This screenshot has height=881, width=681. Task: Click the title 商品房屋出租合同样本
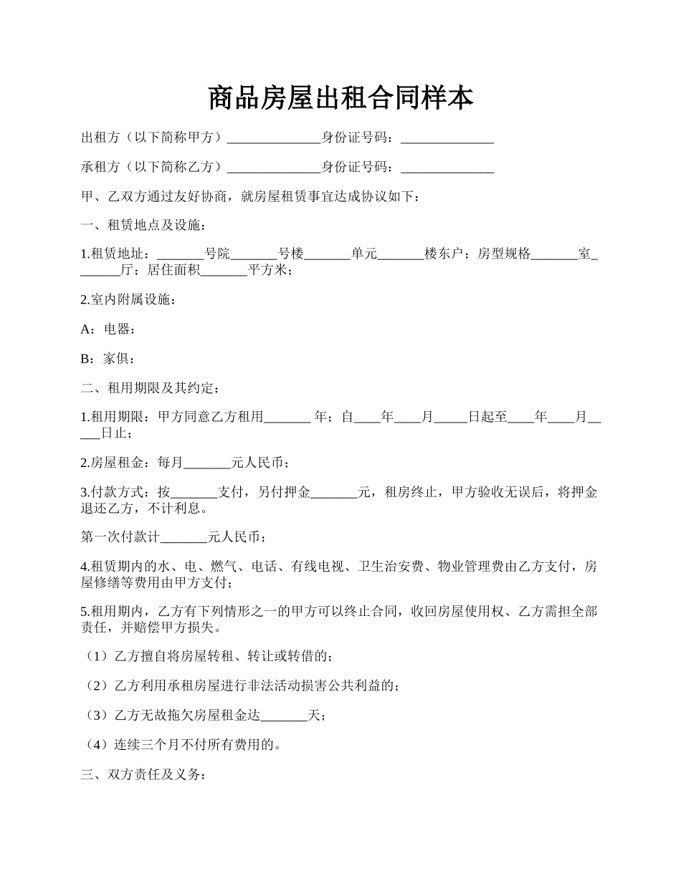[340, 98]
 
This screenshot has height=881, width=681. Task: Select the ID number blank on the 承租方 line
[447, 168]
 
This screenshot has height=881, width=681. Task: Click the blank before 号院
[180, 254]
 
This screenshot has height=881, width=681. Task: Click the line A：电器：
[108, 329]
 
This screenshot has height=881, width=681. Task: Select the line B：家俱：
[108, 358]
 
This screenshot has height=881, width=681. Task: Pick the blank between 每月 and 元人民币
[207, 463]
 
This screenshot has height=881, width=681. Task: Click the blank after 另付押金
[334, 493]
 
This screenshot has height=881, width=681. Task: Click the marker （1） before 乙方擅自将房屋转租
[97, 656]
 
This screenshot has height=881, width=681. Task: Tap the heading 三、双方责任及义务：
[143, 775]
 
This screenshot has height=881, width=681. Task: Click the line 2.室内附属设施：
[128, 299]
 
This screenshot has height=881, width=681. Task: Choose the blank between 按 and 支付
[194, 493]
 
